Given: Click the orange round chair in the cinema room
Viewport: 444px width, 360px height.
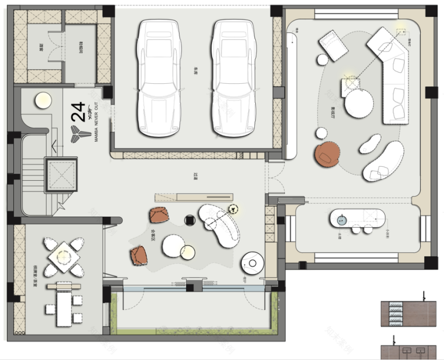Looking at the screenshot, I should (327, 154).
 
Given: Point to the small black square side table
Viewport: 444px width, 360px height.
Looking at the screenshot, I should (190, 220).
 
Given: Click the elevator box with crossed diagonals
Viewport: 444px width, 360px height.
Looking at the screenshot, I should (61, 175).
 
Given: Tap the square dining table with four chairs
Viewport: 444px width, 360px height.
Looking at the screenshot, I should (64, 256).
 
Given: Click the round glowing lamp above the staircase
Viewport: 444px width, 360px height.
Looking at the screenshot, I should (43, 99).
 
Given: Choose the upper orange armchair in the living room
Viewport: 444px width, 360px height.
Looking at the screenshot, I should (159, 215).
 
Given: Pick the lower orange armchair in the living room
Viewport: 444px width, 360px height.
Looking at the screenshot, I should (139, 255).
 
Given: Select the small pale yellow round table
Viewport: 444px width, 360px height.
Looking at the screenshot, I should (188, 252).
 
